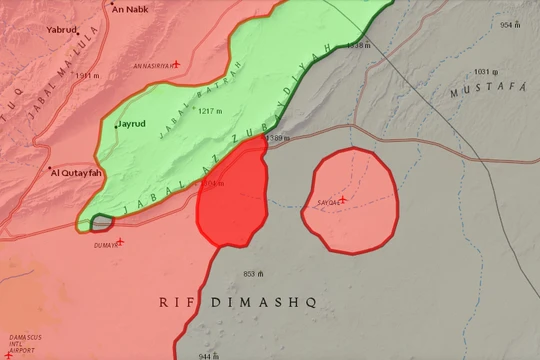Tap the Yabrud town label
tap(63, 30)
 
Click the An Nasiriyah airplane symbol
tap(176, 64)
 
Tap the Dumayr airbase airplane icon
tap(120, 241)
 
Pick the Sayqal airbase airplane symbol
tap(342, 200)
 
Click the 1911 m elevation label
tap(89, 76)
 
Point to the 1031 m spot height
tap(487, 72)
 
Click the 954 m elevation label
tap(511, 25)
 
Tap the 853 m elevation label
tap(253, 273)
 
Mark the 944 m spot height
tap(208, 355)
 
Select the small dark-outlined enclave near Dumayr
tap(102, 223)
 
